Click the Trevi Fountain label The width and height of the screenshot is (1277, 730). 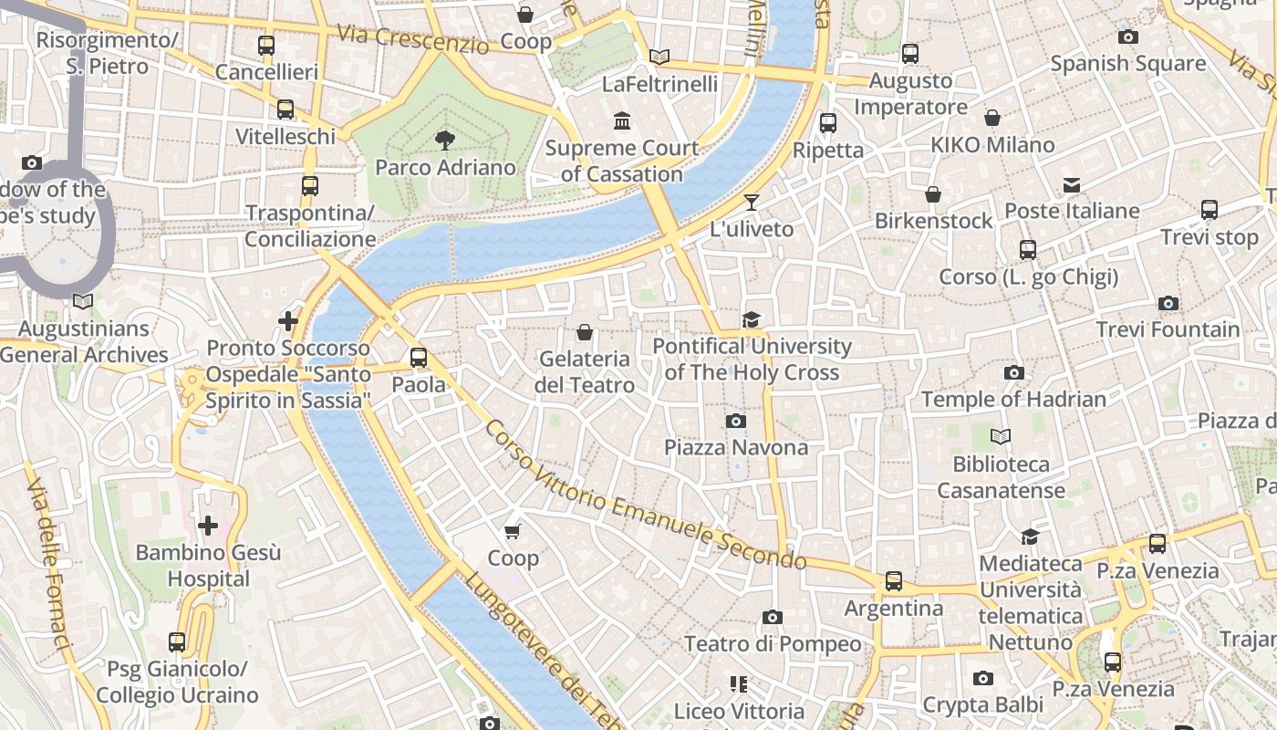1168,329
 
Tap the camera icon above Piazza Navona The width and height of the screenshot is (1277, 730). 735,421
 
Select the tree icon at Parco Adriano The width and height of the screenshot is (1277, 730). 445,141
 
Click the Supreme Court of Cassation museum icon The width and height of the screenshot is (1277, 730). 622,120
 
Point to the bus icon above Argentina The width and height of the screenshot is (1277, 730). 894,581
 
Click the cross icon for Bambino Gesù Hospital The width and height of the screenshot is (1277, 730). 208,526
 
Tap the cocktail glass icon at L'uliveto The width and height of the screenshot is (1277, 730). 751,203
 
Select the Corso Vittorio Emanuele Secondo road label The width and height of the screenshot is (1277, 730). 646,496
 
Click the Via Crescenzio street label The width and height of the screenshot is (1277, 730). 412,38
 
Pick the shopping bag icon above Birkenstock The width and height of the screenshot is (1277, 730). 932,194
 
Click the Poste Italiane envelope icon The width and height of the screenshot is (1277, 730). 1071,185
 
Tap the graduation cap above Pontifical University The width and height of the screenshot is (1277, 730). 751,319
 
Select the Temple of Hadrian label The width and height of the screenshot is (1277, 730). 1013,400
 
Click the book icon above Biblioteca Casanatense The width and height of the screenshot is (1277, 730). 1001,437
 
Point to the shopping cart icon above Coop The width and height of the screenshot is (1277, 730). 513,531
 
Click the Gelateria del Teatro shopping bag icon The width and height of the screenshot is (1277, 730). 585,332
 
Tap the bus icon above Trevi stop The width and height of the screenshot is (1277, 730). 1210,210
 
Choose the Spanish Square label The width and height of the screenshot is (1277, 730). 1127,64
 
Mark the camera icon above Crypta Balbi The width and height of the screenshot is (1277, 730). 982,678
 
